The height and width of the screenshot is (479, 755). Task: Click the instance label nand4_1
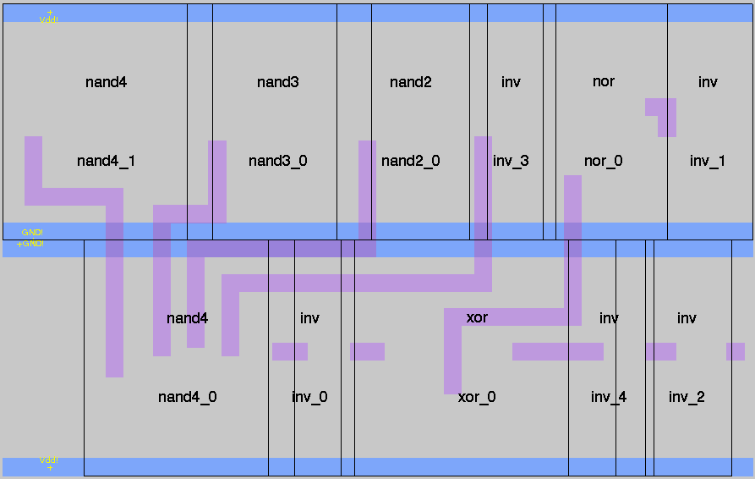[106, 161]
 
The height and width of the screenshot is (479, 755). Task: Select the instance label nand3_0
[277, 161]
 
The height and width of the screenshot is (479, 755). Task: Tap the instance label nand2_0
[410, 161]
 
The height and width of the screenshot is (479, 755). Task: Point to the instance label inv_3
[511, 161]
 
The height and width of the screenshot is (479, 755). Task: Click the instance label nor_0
[603, 161]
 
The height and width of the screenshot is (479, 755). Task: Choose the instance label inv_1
[708, 161]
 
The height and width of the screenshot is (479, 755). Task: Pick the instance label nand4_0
[187, 397]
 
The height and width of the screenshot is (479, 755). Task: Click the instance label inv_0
[309, 397]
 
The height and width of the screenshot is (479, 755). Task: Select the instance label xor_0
[477, 397]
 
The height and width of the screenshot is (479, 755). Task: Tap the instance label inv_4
[609, 397]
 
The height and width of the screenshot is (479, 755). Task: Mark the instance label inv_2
[687, 397]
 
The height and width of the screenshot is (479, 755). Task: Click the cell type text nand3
[277, 82]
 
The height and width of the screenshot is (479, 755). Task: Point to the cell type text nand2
[410, 82]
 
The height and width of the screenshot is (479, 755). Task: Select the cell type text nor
[603, 81]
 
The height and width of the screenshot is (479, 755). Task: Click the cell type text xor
[477, 318]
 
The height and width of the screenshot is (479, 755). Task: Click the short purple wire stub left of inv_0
[289, 351]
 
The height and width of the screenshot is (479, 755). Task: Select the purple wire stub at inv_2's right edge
[736, 351]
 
